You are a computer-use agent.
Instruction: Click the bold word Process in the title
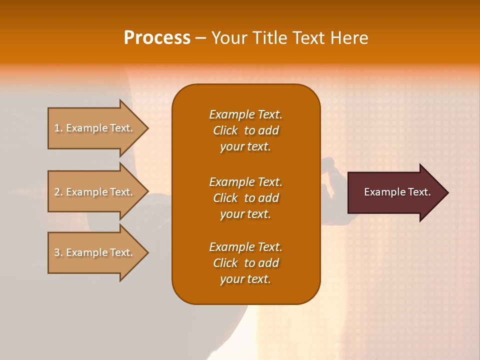click(157, 38)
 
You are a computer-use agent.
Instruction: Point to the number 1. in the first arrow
click(58, 128)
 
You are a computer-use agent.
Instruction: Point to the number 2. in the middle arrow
click(58, 192)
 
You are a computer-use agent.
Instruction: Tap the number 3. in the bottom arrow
click(58, 253)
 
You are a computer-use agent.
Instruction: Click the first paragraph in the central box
click(245, 130)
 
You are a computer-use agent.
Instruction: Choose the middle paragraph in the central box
click(245, 198)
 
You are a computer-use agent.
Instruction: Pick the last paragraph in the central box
click(245, 263)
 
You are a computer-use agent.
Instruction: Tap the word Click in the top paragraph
click(225, 130)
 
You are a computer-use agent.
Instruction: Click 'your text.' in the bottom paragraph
click(245, 279)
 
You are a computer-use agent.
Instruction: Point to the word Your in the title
click(228, 38)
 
